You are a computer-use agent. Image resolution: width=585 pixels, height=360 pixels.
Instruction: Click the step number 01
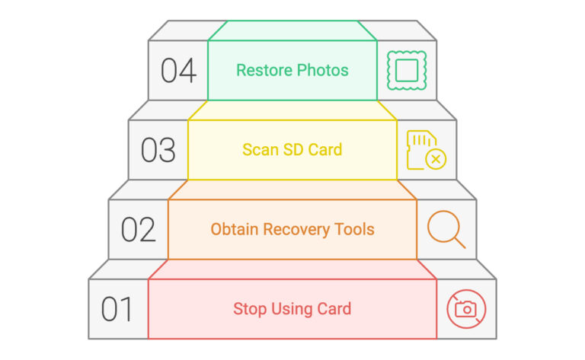(x=117, y=310)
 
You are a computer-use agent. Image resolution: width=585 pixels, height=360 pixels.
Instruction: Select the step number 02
(x=138, y=230)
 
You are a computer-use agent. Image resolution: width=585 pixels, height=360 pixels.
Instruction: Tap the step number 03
(x=158, y=150)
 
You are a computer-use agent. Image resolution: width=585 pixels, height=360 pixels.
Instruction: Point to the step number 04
(x=178, y=70)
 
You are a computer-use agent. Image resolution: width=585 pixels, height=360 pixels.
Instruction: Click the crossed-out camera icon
(x=465, y=309)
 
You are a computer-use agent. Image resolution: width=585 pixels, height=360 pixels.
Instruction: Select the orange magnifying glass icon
(x=446, y=229)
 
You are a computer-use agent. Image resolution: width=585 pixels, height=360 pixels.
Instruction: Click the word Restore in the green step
(x=261, y=70)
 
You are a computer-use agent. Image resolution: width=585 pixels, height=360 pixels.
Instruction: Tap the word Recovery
(x=296, y=229)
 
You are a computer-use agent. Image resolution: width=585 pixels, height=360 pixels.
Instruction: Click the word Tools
(x=355, y=229)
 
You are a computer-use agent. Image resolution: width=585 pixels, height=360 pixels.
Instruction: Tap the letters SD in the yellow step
(x=292, y=150)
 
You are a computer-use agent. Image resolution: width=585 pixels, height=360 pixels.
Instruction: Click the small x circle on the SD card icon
(x=436, y=160)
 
